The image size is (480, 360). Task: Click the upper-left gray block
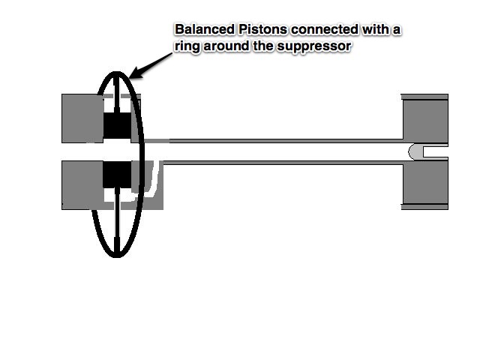82,118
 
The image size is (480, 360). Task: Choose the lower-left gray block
82,184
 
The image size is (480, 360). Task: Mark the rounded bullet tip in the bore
415,151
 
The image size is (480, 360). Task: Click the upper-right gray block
425,119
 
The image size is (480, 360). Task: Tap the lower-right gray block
425,184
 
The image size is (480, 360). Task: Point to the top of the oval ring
117,74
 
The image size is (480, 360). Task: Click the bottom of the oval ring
117,256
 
